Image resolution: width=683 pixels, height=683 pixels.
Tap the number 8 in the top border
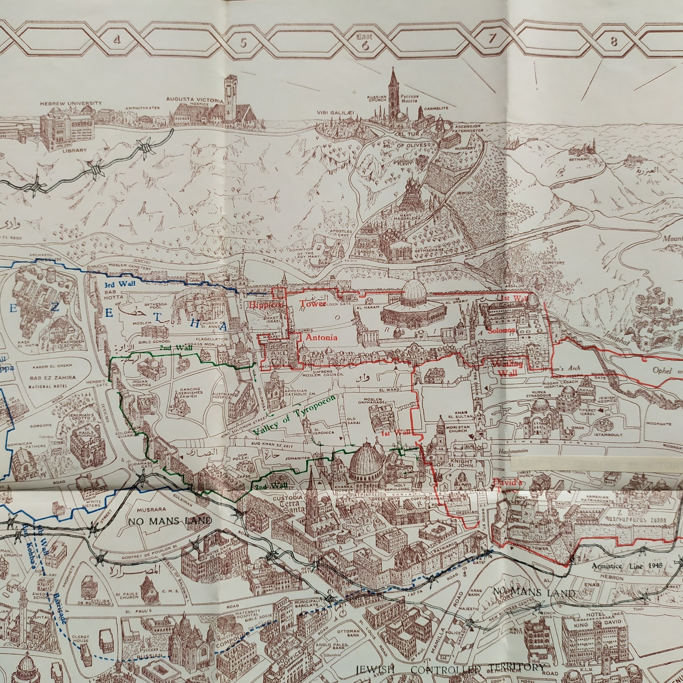click(x=614, y=42)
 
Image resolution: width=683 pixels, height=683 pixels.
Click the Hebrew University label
click(x=71, y=104)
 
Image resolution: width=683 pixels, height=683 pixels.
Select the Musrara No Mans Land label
click(x=170, y=521)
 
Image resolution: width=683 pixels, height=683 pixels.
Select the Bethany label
click(x=579, y=159)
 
